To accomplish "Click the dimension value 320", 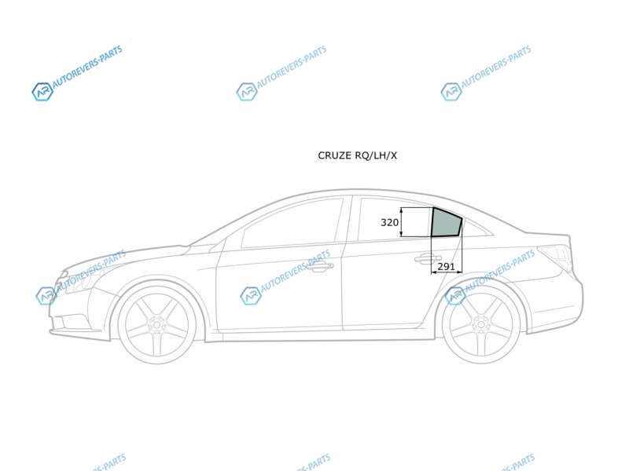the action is point(389,222).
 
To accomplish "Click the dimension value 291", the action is point(446,266).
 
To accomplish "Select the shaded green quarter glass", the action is point(446,223).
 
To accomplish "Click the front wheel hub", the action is point(156,324).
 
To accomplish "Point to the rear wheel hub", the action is point(480,324).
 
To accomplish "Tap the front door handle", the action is point(321,266).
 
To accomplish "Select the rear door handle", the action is point(428,260).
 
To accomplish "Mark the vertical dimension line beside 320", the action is point(401,222).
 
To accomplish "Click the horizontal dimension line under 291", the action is point(446,272).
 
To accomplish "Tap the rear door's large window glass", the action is point(393,220).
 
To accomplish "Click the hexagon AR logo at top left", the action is point(42,92).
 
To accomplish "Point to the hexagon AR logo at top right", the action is point(451,92).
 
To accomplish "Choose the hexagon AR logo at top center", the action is point(246,92).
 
